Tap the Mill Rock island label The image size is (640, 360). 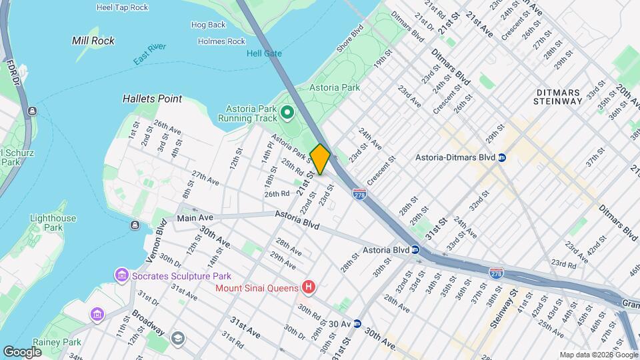(93, 41)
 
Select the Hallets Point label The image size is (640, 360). (152, 99)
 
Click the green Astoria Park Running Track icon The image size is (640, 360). (287, 112)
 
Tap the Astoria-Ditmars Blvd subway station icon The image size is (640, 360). (502, 158)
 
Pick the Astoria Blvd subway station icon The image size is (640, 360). (415, 251)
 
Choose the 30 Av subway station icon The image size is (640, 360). (357, 324)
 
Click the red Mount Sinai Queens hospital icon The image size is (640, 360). (308, 288)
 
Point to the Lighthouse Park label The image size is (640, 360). (53, 223)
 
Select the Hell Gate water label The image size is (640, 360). (264, 54)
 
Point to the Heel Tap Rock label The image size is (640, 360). (122, 7)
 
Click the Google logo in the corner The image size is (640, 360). (22, 351)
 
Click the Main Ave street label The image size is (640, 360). (195, 218)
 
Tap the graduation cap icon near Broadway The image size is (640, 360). (177, 338)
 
